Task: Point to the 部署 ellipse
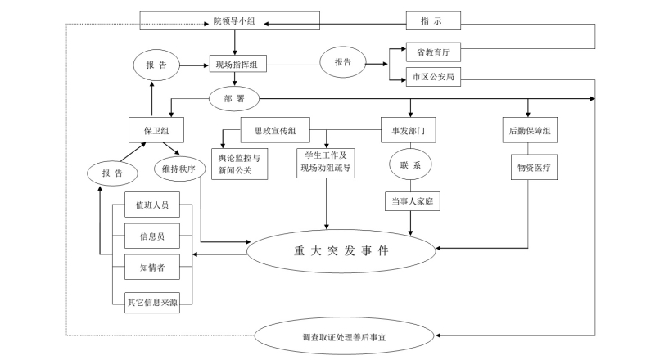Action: coord(235,98)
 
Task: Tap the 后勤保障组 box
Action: coord(528,129)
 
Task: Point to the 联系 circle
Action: coord(410,164)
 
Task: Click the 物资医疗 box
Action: coord(528,169)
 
